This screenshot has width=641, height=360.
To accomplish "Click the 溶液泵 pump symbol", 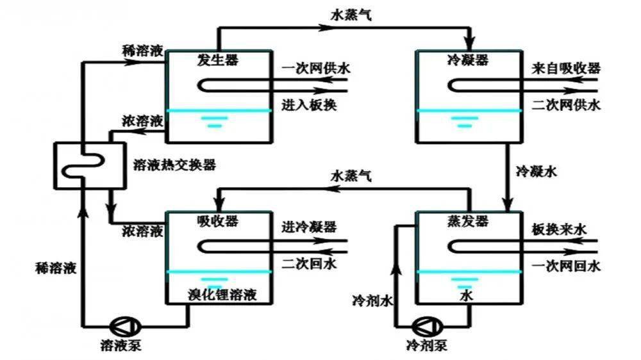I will (119, 325).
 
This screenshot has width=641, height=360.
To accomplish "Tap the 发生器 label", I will (218, 60).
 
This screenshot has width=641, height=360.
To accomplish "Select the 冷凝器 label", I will (467, 60).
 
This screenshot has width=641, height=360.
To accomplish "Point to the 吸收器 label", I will (218, 221).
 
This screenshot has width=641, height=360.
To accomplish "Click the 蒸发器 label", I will (467, 221).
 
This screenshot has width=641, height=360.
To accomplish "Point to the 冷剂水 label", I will (372, 299).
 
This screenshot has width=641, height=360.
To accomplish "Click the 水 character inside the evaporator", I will (467, 296).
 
